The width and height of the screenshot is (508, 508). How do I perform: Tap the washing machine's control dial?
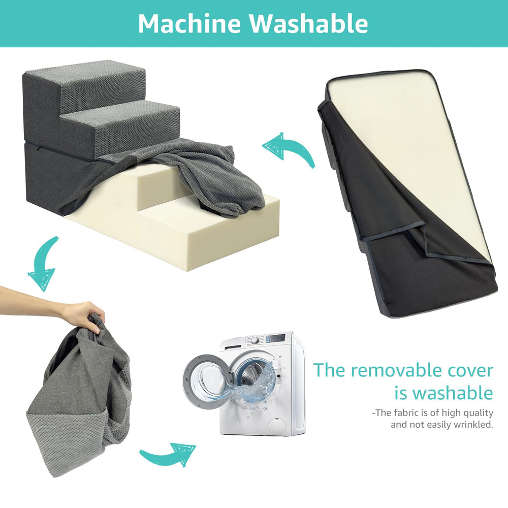point(255,340)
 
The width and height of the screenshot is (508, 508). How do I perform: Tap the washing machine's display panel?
point(277,338)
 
